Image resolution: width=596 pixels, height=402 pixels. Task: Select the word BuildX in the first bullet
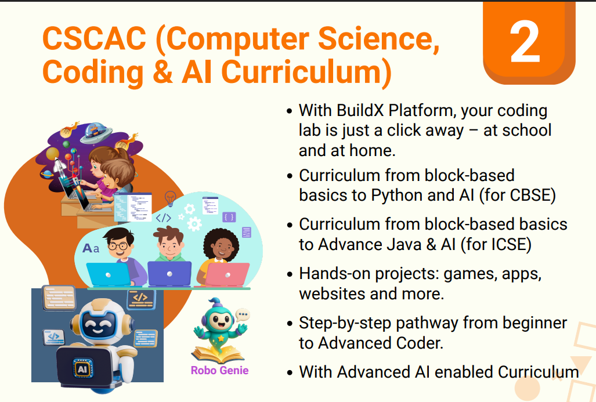[361, 110]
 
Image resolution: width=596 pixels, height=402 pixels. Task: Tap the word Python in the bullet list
[398, 195]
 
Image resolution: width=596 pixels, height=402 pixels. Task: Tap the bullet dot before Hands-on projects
[290, 274]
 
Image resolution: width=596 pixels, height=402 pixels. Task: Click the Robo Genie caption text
[219, 370]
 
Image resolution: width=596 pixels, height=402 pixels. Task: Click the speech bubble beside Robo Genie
[242, 314]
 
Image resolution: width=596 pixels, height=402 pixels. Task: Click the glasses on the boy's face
[118, 246]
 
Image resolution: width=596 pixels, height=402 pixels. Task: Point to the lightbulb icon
[170, 198]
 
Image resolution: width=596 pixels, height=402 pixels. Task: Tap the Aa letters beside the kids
[91, 248]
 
